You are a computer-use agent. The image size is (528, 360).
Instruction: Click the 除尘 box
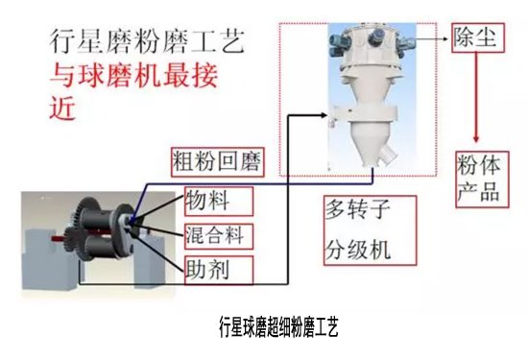click(x=478, y=37)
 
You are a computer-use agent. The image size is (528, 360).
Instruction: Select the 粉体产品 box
click(x=482, y=180)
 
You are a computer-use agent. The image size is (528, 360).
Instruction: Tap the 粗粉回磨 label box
click(x=218, y=162)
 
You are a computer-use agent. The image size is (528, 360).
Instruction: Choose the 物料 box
click(x=219, y=201)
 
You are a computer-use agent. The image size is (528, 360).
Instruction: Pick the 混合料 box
click(x=219, y=236)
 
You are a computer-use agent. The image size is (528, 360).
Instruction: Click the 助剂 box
click(x=219, y=270)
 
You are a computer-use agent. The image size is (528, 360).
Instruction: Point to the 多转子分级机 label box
click(x=370, y=230)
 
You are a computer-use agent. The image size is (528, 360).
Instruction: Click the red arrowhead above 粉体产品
click(x=476, y=138)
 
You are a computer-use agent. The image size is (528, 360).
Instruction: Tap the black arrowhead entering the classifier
click(x=324, y=115)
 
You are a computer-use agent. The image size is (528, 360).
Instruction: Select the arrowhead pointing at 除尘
click(x=445, y=38)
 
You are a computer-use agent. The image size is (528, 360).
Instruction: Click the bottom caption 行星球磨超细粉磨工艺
click(x=278, y=326)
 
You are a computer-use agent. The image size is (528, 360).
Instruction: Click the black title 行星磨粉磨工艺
click(x=147, y=41)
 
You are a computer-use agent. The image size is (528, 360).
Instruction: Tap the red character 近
click(x=62, y=108)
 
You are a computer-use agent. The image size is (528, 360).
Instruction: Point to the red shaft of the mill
click(x=59, y=238)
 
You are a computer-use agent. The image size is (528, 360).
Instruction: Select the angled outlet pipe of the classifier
click(x=388, y=156)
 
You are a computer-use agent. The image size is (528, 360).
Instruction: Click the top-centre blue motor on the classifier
click(x=375, y=36)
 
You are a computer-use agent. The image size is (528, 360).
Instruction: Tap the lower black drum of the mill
click(x=98, y=247)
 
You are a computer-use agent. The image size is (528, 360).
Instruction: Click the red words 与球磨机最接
click(x=133, y=76)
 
